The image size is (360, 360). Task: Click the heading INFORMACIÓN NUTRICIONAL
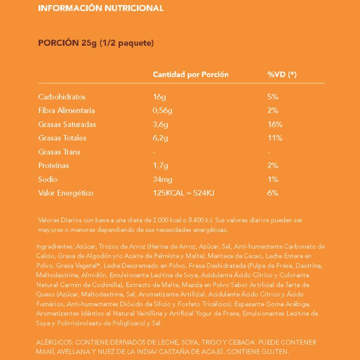(100, 9)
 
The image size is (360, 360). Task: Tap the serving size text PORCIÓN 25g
(67, 43)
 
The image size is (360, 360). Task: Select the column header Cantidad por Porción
(191, 75)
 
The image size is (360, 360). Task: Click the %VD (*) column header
(282, 75)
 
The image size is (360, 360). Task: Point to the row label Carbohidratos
(62, 97)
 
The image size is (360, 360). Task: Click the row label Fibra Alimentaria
(67, 111)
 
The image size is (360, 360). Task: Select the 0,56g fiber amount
(164, 111)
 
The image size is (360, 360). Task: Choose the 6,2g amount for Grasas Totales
(161, 138)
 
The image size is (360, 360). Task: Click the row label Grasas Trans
(59, 152)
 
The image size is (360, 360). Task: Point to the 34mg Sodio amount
(162, 180)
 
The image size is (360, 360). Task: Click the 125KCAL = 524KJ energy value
(184, 193)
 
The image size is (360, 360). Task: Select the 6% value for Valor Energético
(273, 193)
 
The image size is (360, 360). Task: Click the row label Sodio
(48, 180)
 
